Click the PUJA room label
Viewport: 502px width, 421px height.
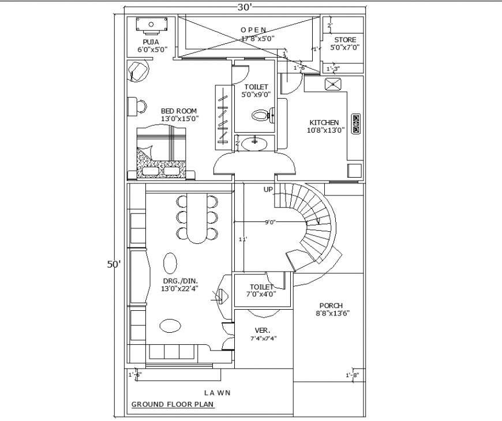click(151, 42)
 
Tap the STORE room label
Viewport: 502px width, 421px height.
click(345, 40)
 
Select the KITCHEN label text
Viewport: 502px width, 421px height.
click(324, 123)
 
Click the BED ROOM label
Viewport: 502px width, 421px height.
click(179, 111)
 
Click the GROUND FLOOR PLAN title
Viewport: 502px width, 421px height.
click(173, 404)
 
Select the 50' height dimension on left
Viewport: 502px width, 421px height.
click(114, 264)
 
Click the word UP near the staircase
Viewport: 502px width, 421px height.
click(268, 190)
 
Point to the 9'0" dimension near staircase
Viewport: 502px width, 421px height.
click(270, 221)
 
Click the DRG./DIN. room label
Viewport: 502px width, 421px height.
click(178, 281)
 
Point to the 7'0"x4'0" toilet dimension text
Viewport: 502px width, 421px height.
click(262, 294)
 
